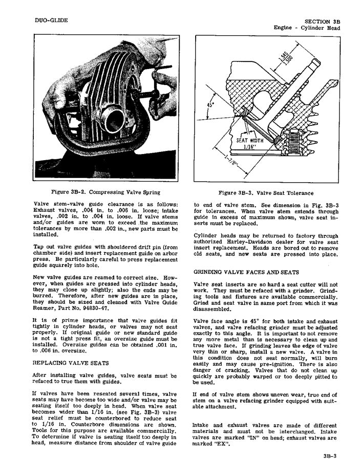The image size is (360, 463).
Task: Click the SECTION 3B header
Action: point(322,21)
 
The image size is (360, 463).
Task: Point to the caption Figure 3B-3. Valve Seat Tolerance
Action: point(266,193)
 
